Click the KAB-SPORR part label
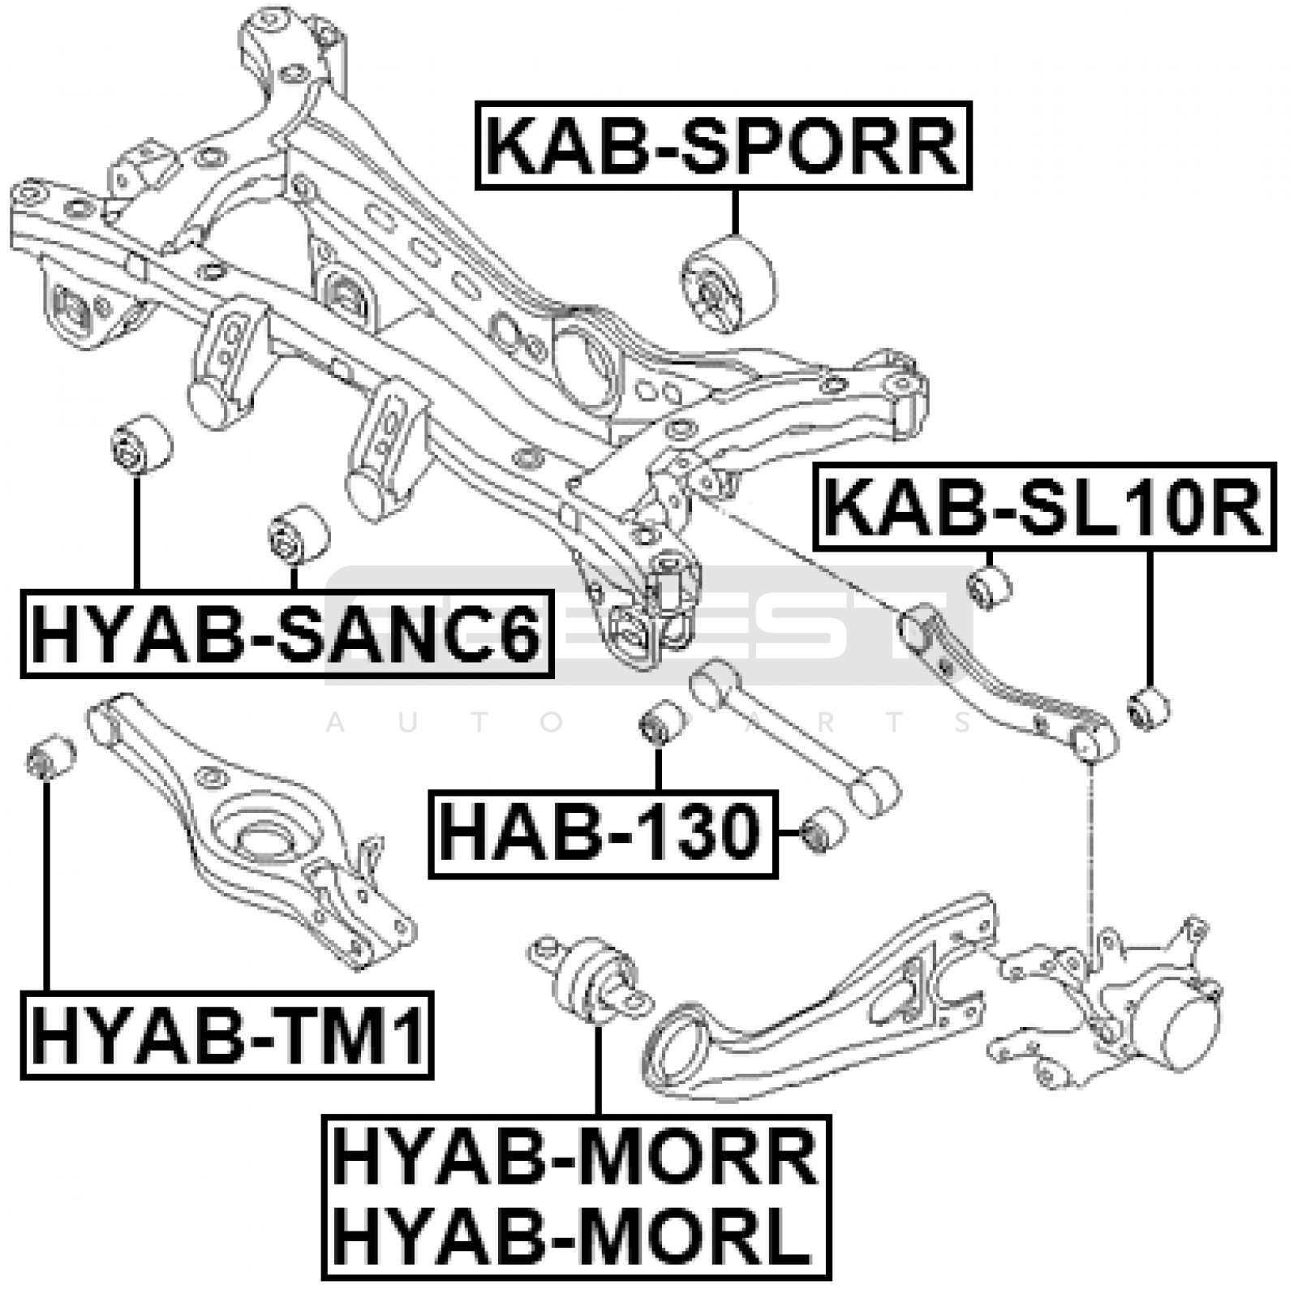[x=722, y=146]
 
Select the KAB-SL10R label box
[x=1044, y=508]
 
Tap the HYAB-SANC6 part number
[x=286, y=634]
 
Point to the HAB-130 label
[x=602, y=834]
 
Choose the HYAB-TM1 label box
[x=227, y=1035]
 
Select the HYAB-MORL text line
[x=572, y=1235]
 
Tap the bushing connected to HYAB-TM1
[x=49, y=756]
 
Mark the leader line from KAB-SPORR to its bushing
[x=735, y=213]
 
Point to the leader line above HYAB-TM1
[x=46, y=884]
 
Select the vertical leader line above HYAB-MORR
[x=598, y=1071]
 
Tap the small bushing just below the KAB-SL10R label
[x=990, y=586]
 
